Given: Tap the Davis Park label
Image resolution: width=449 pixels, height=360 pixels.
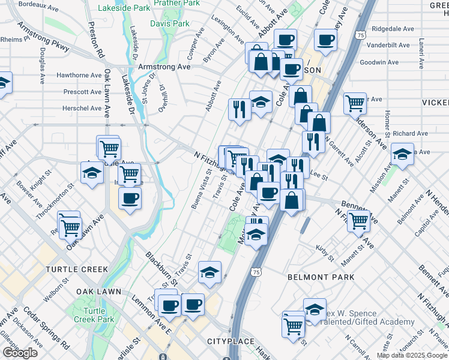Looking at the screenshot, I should pos(169,24).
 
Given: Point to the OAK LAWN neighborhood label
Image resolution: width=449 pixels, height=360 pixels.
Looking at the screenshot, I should pos(98,292).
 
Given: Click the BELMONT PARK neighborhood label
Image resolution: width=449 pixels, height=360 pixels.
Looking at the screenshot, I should pos(321,277).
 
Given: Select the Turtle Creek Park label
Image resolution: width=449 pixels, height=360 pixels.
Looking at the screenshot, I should pos(98,315).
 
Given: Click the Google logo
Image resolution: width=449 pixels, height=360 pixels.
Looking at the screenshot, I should pos(20,353).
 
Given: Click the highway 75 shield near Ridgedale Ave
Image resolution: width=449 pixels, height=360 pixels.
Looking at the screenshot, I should pos(360,36).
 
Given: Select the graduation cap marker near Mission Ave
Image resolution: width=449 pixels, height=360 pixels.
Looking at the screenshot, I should pos(402,154).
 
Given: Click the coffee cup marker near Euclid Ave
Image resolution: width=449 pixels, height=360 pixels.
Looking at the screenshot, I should pos(285,40).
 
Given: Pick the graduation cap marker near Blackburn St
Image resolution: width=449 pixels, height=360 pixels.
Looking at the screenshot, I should pos(209,272).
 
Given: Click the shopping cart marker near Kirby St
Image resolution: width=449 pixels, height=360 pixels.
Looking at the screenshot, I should pos(358,220).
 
